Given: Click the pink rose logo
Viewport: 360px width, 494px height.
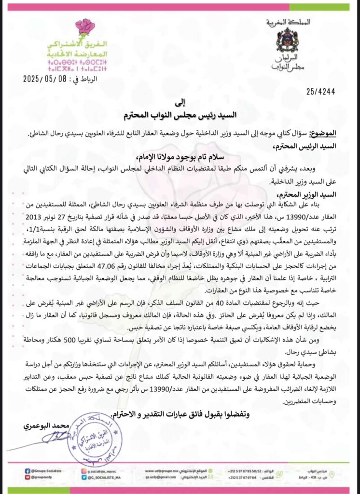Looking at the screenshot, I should coord(85,28).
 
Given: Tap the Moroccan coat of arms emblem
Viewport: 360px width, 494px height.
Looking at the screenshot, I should coord(287,40).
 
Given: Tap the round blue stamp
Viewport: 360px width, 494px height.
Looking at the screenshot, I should coord(94,438).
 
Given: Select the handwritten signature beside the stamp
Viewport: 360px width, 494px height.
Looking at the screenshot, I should coord(57,437).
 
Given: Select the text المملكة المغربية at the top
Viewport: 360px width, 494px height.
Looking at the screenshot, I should coord(288,22).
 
